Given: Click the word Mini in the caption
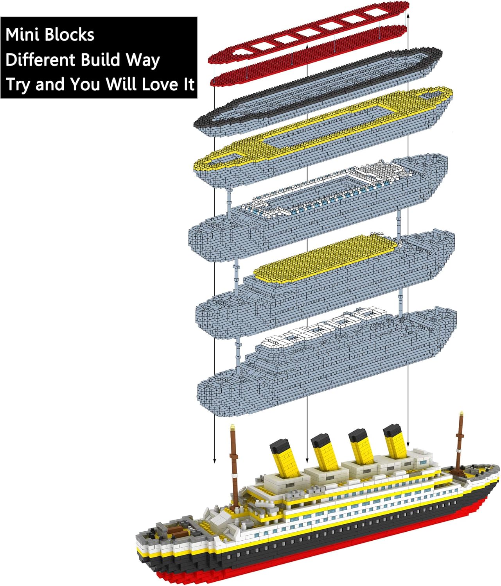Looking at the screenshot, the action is [22, 35].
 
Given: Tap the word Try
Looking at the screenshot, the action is [18, 85].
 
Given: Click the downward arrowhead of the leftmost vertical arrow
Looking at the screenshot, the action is [214, 461].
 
